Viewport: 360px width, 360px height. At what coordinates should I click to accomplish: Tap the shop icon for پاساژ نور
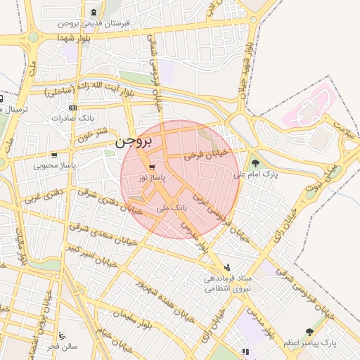coord(152,167)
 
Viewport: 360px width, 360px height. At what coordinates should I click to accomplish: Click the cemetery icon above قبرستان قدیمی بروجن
coord(94,13)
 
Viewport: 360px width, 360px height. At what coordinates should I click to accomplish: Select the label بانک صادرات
coord(72,118)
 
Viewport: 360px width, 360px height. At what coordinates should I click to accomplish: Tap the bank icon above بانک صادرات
coord(72,108)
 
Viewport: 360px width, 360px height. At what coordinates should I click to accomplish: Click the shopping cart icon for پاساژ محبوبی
coord(54,155)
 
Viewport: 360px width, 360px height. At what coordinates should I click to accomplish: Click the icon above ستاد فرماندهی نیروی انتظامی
coord(226,268)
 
